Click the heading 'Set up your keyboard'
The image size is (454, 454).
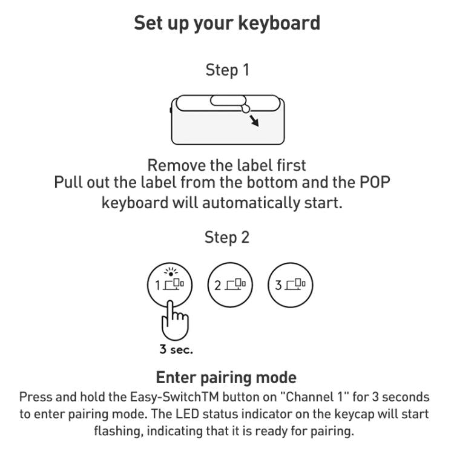pos(227,24)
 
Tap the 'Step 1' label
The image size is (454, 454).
pos(227,70)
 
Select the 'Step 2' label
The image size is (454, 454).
pos(227,237)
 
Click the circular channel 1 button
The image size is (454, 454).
pos(169,285)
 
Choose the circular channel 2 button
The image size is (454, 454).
pos(230,285)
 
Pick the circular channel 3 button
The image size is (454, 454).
pos(291,285)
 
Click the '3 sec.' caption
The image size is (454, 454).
pos(176,349)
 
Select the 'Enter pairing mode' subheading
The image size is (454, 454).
pos(226,378)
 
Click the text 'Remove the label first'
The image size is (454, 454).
pos(227,165)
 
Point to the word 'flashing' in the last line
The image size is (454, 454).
pos(118,432)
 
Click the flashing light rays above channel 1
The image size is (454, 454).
pos(169,271)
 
